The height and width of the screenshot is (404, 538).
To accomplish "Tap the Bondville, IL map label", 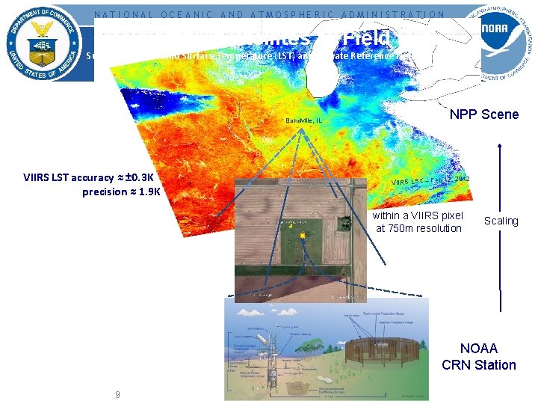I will [x=303, y=120].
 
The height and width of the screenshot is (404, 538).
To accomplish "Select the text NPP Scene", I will [x=484, y=114].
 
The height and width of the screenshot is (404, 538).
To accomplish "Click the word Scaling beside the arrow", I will [x=501, y=221].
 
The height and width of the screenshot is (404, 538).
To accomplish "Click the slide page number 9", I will [x=117, y=394].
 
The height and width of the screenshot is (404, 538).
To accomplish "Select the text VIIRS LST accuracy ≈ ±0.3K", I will [x=88, y=178].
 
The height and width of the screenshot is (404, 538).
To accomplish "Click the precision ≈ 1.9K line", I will [x=122, y=192].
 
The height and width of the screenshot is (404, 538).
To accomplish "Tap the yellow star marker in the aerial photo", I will [x=303, y=236].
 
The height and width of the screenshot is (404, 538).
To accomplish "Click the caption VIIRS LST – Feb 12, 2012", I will [x=430, y=180].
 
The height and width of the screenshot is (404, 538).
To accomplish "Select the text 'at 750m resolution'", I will [x=418, y=228].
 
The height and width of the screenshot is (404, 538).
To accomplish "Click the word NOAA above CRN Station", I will [x=478, y=349].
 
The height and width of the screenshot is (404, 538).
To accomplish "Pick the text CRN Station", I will [x=478, y=365].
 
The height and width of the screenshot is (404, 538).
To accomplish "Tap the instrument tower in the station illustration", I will [x=270, y=359].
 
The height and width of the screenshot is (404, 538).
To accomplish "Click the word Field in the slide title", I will [x=367, y=37].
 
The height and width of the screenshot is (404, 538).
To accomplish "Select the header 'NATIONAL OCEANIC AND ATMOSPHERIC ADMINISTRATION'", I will [x=269, y=13].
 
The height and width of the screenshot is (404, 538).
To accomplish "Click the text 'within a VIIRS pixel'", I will [x=418, y=215].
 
